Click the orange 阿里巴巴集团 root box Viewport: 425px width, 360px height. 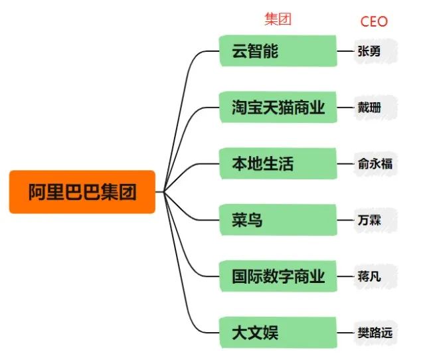point(82,192)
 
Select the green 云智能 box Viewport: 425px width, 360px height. point(278,50)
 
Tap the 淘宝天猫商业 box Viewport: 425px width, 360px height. point(278,107)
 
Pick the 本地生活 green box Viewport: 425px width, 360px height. point(278,163)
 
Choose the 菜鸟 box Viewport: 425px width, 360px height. point(278,220)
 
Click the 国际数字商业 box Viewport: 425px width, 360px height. point(278,276)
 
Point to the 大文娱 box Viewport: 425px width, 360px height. point(278,333)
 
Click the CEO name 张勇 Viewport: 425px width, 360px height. point(369,51)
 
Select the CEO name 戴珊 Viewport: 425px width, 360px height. point(369,108)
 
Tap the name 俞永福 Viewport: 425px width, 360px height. point(375,164)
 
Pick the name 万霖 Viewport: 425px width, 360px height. point(369,220)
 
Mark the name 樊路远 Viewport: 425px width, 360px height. point(375,333)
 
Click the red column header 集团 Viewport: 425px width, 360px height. point(278,19)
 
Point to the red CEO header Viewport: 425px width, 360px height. point(374,21)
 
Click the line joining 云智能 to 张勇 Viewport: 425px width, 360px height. point(345,51)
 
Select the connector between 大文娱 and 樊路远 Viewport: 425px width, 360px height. point(345,333)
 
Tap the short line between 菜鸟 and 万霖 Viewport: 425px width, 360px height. point(345,220)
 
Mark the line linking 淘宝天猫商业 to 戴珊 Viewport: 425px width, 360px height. point(345,108)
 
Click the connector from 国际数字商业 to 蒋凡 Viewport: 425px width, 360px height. point(345,276)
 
